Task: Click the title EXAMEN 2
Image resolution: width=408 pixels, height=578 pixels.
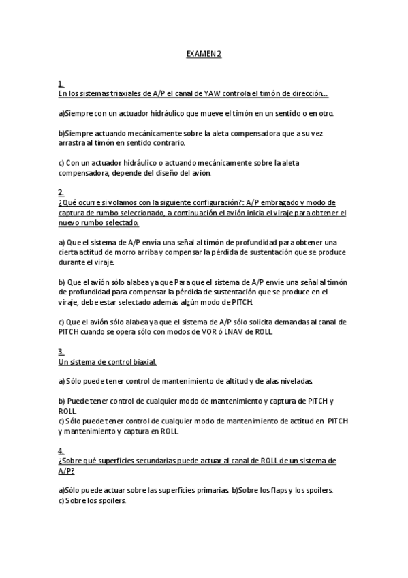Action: pos(204,53)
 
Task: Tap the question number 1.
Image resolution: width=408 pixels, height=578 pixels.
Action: pos(61,85)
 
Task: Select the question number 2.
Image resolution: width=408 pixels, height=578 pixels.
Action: pos(61,193)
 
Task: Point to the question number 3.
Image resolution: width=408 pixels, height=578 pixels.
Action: pos(61,352)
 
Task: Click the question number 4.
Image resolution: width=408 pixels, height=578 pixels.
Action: pos(61,451)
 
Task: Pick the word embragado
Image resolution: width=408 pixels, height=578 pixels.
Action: pos(266,202)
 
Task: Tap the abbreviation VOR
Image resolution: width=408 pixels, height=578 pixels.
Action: pos(213,332)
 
